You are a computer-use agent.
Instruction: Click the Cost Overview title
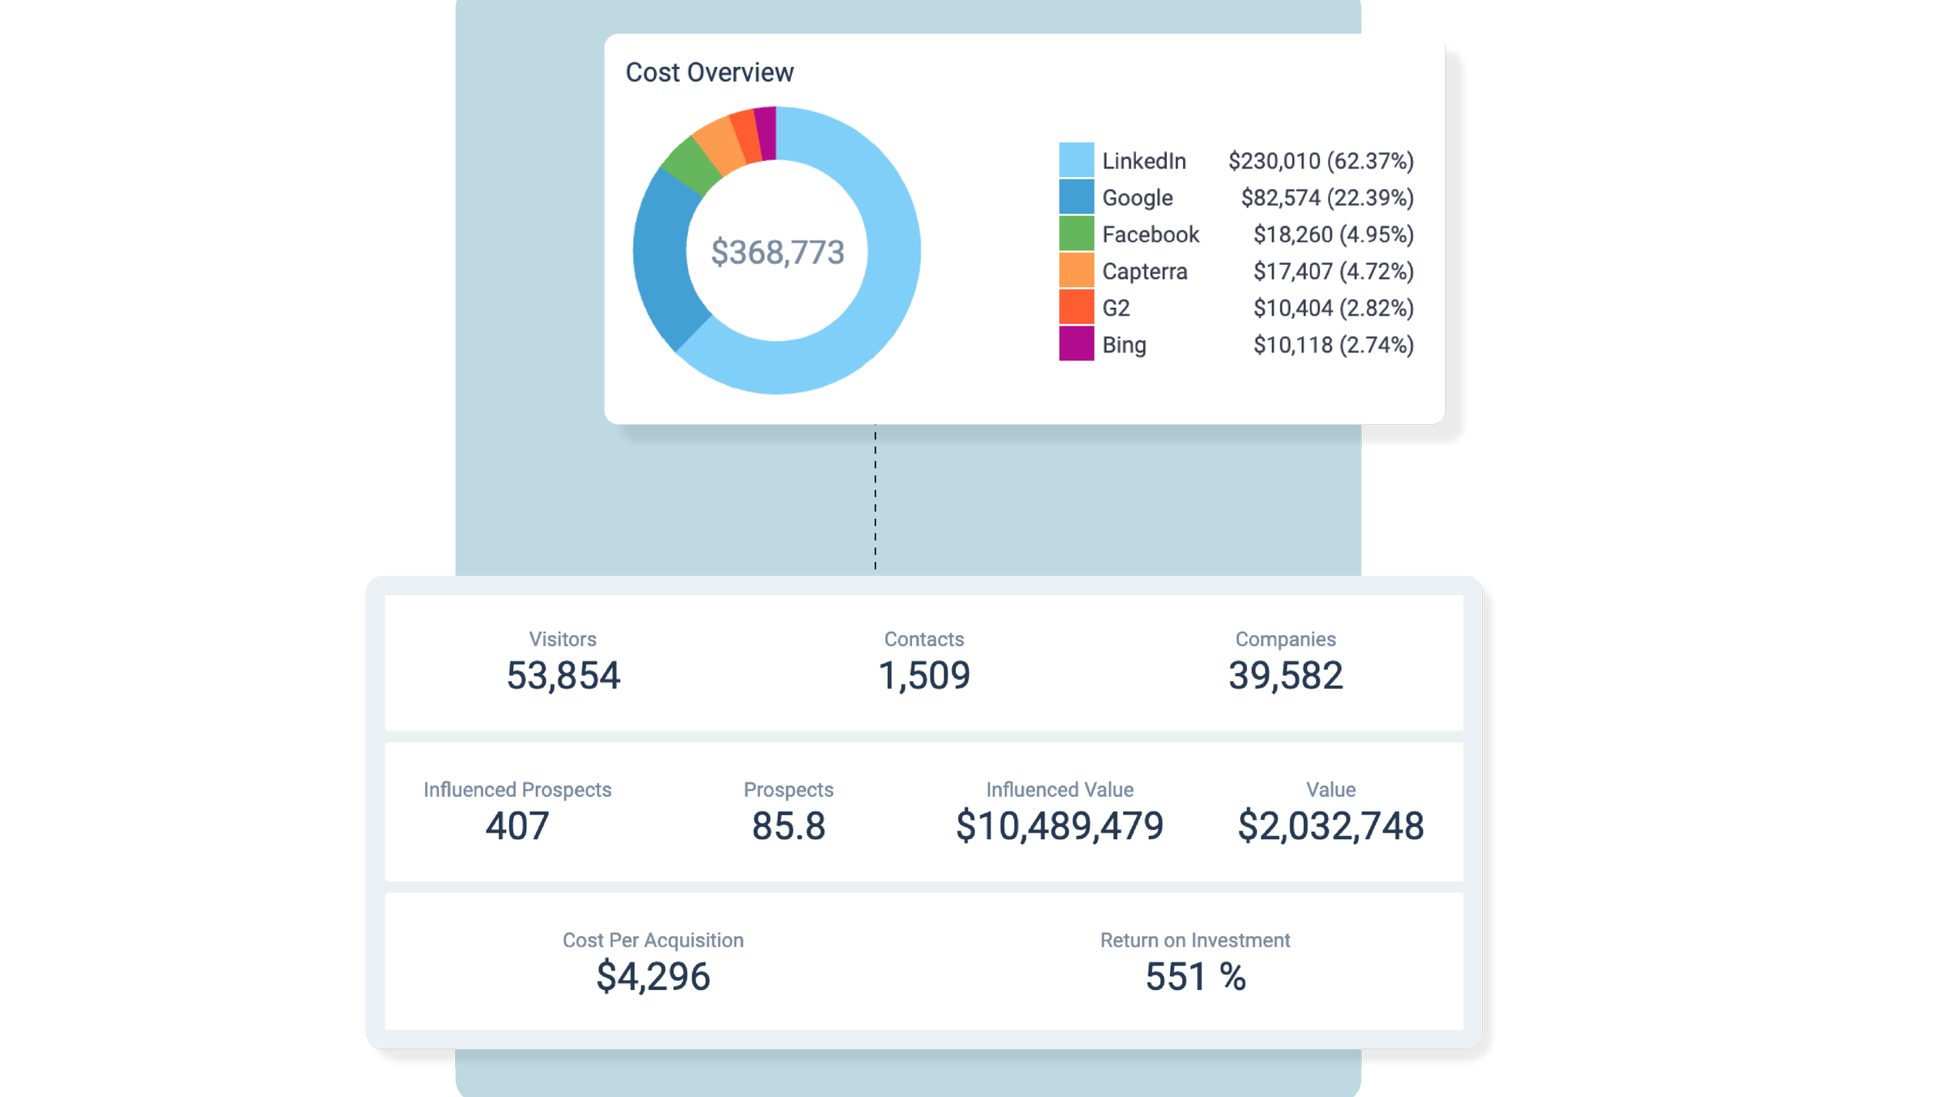click(709, 72)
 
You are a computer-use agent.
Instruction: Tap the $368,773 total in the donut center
click(777, 253)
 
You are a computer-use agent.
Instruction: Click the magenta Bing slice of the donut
click(766, 133)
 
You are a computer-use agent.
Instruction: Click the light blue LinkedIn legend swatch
click(1076, 160)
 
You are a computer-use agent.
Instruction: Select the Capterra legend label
click(1145, 272)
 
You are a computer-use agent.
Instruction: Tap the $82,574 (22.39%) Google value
click(1327, 198)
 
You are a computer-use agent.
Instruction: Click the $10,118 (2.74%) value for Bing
click(1333, 345)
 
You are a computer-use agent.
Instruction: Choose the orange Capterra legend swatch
click(1076, 271)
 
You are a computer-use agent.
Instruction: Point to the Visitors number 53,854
click(563, 676)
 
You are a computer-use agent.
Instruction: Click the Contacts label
click(924, 639)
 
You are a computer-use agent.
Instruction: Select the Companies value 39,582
click(1286, 676)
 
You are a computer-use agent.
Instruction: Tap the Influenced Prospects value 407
click(517, 826)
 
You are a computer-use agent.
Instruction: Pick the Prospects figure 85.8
click(788, 826)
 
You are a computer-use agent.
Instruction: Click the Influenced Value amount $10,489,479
click(1059, 826)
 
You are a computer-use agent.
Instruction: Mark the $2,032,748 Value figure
click(1330, 826)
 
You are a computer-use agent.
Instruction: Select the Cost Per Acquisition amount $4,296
click(652, 977)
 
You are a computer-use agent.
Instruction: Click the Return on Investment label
click(1195, 940)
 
